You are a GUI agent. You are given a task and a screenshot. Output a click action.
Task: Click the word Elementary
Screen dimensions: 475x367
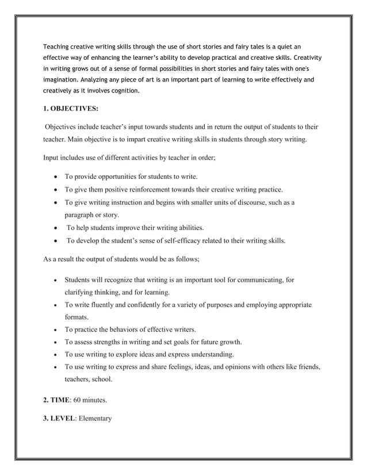[x=93, y=418]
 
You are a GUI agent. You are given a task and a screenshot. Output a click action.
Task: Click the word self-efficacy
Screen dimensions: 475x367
[x=176, y=240]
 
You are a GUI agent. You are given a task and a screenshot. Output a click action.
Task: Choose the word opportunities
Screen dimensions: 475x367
[x=120, y=177]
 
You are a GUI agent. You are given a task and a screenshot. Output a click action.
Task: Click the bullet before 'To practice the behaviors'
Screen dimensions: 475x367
[x=54, y=330]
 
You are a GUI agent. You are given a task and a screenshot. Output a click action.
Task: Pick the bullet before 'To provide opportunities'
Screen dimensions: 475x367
[x=54, y=177]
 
